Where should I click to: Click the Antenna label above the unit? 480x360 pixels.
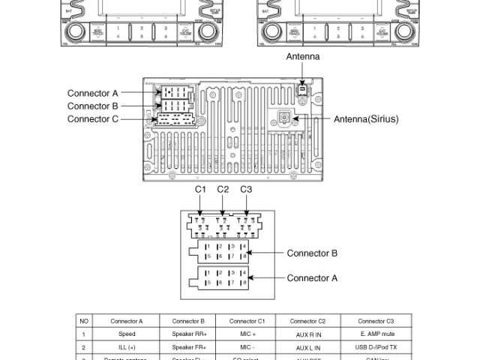coord(303,57)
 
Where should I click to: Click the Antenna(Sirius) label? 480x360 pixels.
coord(366,119)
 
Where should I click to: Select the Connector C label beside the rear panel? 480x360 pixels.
coord(93,119)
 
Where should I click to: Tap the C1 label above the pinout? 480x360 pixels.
coord(200,190)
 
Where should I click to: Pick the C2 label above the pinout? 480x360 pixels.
coord(223,190)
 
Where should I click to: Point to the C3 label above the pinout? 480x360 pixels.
coord(246,190)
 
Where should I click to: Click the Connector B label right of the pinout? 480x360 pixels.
coord(312,253)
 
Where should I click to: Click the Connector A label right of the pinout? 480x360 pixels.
coord(312,278)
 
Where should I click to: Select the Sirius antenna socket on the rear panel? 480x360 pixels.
coord(286,118)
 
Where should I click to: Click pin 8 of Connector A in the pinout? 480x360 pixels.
coord(244,283)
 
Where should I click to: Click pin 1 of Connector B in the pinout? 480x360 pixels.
coord(208,247)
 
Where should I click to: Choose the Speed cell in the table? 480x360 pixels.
coord(127,334)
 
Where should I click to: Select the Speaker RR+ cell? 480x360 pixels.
coord(188,334)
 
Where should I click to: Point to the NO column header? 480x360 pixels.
coord(84,321)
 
